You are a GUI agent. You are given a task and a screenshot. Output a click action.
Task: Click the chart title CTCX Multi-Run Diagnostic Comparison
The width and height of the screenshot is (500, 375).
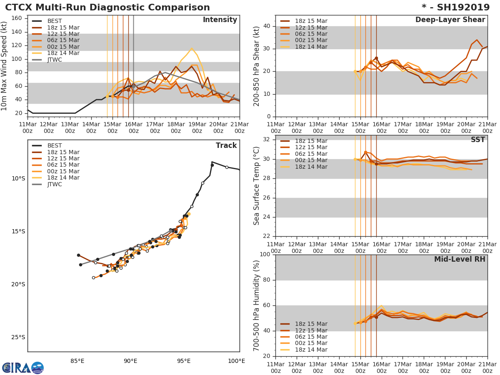(x=107, y=7)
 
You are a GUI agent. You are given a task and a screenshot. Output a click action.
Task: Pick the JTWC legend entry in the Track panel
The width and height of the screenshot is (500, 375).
(x=54, y=184)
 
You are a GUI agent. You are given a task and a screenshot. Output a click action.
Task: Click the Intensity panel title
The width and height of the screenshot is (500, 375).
(x=220, y=20)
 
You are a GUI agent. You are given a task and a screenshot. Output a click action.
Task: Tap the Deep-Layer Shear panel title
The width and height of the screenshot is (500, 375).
(x=450, y=20)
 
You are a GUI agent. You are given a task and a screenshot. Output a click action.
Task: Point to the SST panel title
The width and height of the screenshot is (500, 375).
(x=477, y=140)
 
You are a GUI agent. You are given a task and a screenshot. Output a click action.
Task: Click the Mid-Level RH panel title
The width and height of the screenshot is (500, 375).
(x=460, y=259)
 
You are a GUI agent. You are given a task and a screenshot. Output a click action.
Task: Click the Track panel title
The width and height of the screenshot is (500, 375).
(x=226, y=146)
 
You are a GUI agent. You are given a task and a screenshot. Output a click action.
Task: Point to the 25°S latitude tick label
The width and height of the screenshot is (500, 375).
(x=18, y=337)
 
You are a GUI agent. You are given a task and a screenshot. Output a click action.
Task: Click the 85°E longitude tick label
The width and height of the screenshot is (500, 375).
(x=77, y=361)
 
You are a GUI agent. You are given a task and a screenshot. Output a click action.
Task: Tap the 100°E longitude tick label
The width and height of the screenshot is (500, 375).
(x=236, y=361)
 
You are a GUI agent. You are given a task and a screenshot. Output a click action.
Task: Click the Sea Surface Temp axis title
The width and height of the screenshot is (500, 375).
(x=257, y=186)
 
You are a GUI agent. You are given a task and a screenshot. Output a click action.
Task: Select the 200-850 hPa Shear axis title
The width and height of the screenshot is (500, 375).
(x=257, y=66)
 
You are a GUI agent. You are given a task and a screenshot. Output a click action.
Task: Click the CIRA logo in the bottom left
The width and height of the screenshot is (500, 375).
(x=23, y=368)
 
